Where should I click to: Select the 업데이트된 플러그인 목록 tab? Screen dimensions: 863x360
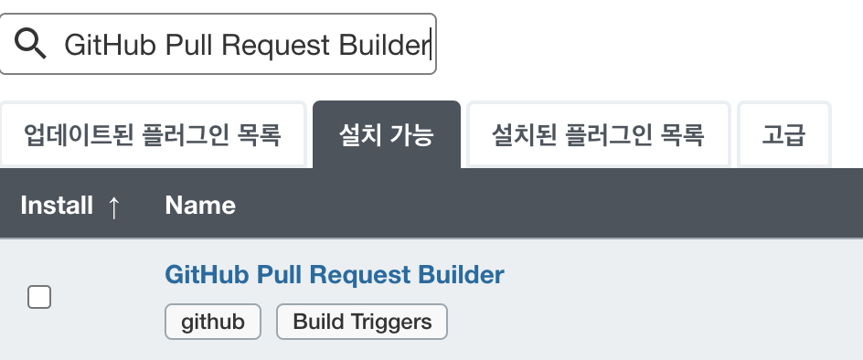[x=152, y=136]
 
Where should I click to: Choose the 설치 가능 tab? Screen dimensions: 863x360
[x=386, y=136]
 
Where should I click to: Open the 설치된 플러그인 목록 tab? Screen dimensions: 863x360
[x=598, y=136]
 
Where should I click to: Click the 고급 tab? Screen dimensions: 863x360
[x=783, y=136]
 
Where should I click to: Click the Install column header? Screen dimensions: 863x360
[x=57, y=205]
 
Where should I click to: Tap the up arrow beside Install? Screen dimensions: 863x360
[x=113, y=206]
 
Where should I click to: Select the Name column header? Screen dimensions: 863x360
[x=200, y=205]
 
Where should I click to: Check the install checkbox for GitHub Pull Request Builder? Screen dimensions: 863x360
[x=39, y=297]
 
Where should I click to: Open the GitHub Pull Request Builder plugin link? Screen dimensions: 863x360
[x=335, y=274]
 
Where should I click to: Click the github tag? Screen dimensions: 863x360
[x=213, y=322]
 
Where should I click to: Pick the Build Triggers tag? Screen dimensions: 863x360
[x=361, y=322]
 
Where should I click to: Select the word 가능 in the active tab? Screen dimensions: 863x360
[x=411, y=136]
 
